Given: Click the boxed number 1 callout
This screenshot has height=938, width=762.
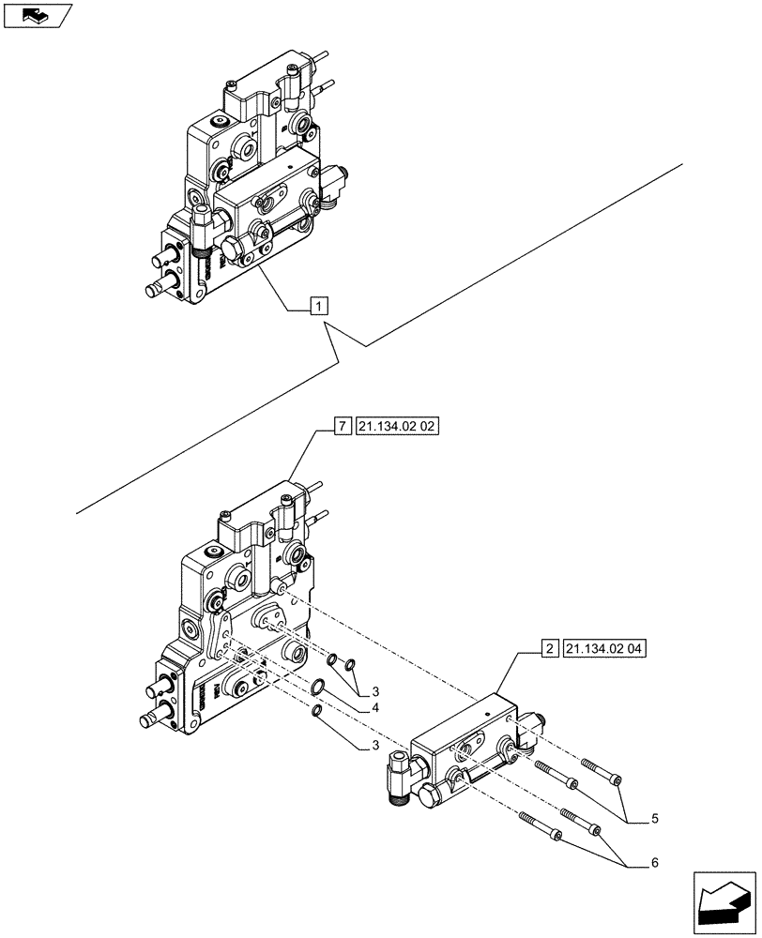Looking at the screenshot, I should click(x=319, y=306).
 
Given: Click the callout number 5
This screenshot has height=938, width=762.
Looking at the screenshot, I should click(x=653, y=818).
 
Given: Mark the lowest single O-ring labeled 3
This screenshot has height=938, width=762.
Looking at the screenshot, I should click(x=318, y=718).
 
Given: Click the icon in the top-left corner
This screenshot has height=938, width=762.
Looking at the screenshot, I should click(x=38, y=15).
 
